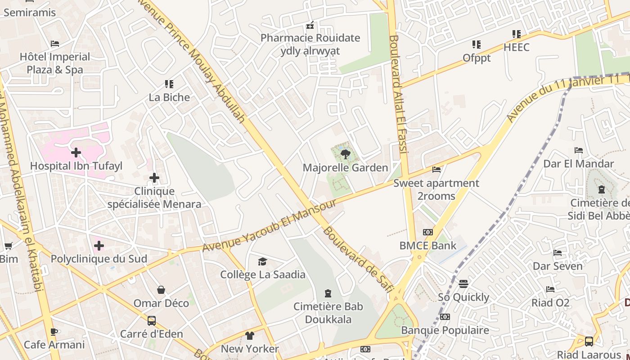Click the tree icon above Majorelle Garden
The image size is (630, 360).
(x=345, y=155)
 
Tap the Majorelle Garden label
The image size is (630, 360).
(x=345, y=168)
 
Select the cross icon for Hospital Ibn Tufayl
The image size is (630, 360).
(x=76, y=153)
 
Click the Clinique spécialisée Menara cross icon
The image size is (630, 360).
(x=154, y=178)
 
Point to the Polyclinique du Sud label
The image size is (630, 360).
(x=99, y=259)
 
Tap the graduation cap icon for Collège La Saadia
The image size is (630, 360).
(x=262, y=261)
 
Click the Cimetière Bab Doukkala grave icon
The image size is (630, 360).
(x=328, y=293)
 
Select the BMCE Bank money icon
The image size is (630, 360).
(x=428, y=232)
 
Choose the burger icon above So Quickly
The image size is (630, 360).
(x=463, y=284)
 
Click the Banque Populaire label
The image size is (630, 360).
(x=445, y=330)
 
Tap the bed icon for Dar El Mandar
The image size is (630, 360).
(x=579, y=150)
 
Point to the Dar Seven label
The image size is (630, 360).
(x=558, y=266)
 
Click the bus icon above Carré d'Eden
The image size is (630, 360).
(x=152, y=321)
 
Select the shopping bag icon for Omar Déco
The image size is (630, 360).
(x=161, y=290)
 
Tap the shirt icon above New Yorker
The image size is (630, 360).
(x=250, y=336)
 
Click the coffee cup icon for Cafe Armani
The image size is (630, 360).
(x=54, y=332)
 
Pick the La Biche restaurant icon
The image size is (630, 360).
(x=169, y=84)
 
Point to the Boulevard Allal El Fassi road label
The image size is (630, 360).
(x=399, y=94)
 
